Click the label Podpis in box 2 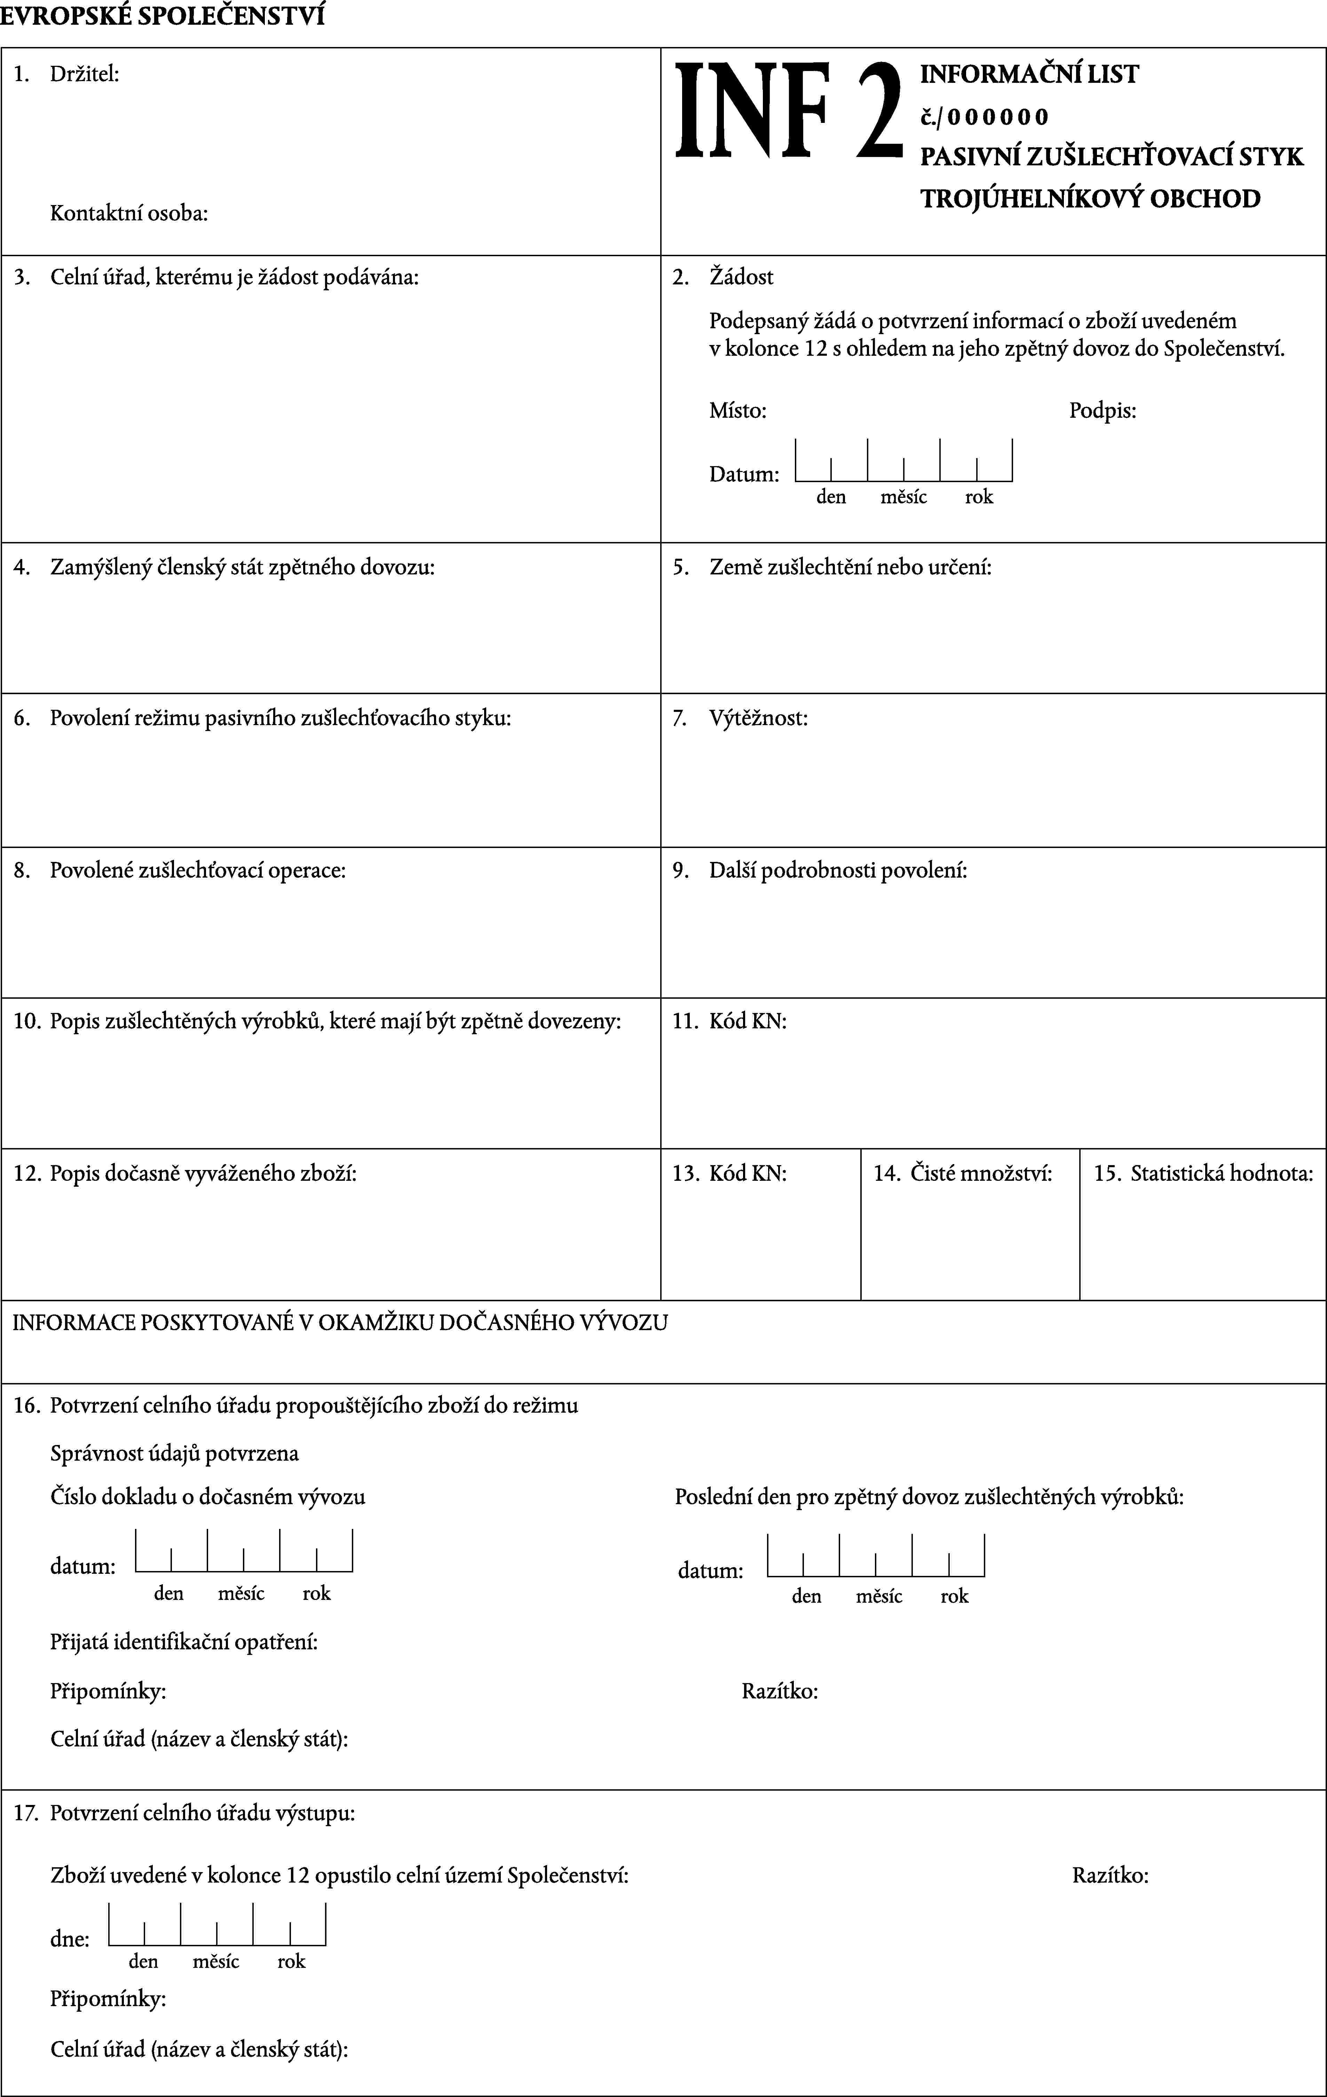pos(1102,410)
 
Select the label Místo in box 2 pos(737,410)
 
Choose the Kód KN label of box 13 pos(747,1173)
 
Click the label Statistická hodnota pos(1221,1173)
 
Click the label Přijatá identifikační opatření pos(184,1642)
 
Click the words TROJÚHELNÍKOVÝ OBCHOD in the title pos(1090,198)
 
